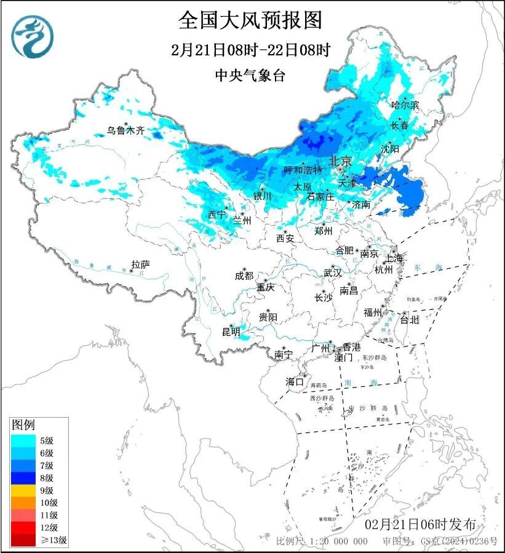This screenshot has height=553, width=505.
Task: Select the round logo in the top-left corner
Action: (32, 36)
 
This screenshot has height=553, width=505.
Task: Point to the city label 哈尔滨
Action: (405, 105)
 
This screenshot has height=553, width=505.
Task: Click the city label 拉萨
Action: (140, 265)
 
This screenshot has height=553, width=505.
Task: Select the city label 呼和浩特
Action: (303, 170)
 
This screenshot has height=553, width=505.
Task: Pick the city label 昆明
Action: (231, 332)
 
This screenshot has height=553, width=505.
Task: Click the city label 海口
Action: (295, 382)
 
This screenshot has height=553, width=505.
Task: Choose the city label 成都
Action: (244, 277)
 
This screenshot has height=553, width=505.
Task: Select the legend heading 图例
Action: (24, 425)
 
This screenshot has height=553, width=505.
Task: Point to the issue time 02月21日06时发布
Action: (420, 525)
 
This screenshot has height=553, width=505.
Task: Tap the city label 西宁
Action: (217, 215)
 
